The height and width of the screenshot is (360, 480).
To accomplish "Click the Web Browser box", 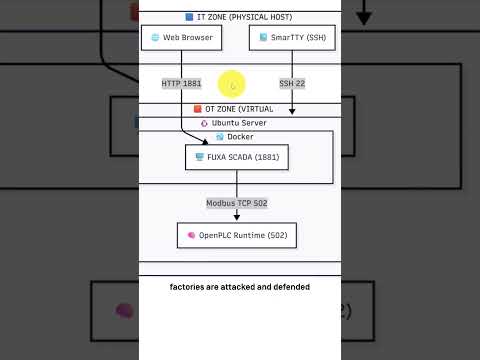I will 181,38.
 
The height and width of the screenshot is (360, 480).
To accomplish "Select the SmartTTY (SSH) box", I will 291,38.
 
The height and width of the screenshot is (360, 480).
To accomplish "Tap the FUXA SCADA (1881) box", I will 236,157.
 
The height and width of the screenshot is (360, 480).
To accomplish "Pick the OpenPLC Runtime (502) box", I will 237,236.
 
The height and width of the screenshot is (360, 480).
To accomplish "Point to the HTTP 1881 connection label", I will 181,83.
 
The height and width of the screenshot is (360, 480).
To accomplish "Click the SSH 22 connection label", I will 292,83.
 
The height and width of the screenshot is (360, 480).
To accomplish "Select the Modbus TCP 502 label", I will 237,203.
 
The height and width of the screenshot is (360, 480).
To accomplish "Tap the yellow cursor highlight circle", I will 232,84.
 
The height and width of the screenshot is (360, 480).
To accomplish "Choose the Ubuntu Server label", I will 239,123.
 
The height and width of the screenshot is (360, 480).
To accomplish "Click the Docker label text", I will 240,137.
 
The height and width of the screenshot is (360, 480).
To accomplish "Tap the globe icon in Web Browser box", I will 155,38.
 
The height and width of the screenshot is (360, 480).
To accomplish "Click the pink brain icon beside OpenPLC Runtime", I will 190,236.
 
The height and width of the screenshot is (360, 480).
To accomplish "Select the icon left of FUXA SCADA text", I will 199,157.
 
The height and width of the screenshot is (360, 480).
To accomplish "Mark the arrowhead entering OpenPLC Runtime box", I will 237,220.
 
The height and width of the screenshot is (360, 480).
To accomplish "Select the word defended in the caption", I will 287,287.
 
